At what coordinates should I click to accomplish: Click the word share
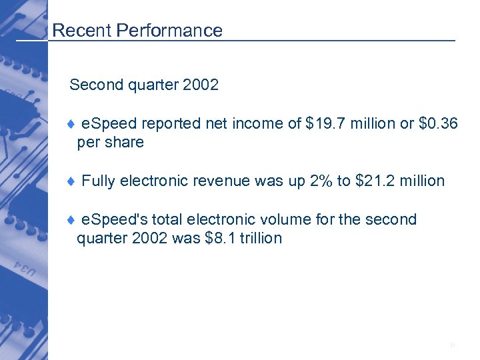pos(126,142)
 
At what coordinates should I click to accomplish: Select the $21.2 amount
pos(377,181)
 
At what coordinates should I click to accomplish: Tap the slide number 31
pos(452,345)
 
